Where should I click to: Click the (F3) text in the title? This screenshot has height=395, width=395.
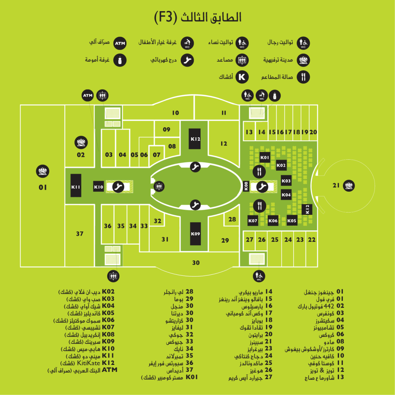pos(165,17)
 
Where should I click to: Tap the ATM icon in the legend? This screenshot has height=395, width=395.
pos(120,43)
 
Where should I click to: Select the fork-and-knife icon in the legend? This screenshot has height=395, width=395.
pos(303,77)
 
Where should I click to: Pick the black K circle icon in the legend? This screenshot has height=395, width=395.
pos(242,77)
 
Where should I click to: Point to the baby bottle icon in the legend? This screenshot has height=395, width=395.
pos(120,60)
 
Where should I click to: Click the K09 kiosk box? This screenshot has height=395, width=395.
pos(195,233)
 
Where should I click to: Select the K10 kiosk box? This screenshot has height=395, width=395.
pos(98,187)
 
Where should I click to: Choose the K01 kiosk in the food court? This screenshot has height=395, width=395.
pos(265,157)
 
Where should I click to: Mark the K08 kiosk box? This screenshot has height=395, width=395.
pos(246,186)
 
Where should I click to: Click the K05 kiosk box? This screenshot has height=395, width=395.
pos(292,220)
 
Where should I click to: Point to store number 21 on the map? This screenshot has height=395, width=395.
pos(336,186)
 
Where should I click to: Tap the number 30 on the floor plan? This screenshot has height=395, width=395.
pos(196,263)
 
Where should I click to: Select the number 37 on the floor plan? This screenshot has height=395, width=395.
pos(79,234)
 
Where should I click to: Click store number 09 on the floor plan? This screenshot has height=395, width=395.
pos(167,130)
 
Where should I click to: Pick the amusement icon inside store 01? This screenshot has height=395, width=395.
pos(42,171)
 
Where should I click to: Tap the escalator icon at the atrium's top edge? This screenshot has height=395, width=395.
pos(195,167)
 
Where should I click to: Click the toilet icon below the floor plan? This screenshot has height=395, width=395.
pos(259,276)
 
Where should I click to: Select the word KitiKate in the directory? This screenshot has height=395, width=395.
pos(88,363)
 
